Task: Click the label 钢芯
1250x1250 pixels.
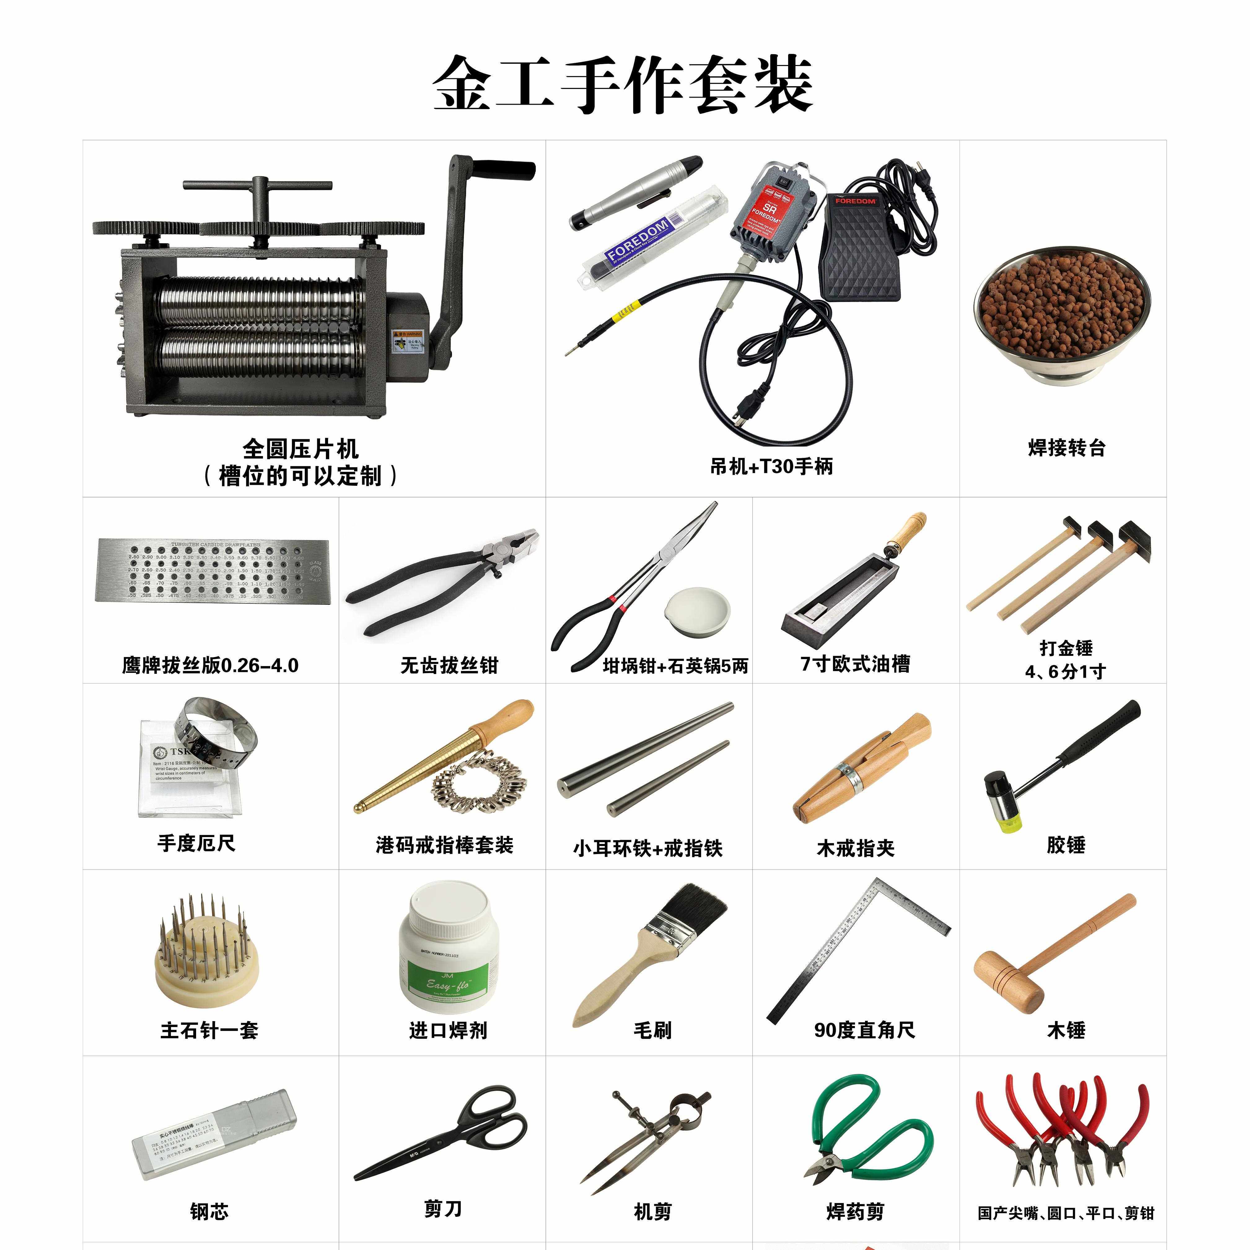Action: tap(209, 1211)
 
